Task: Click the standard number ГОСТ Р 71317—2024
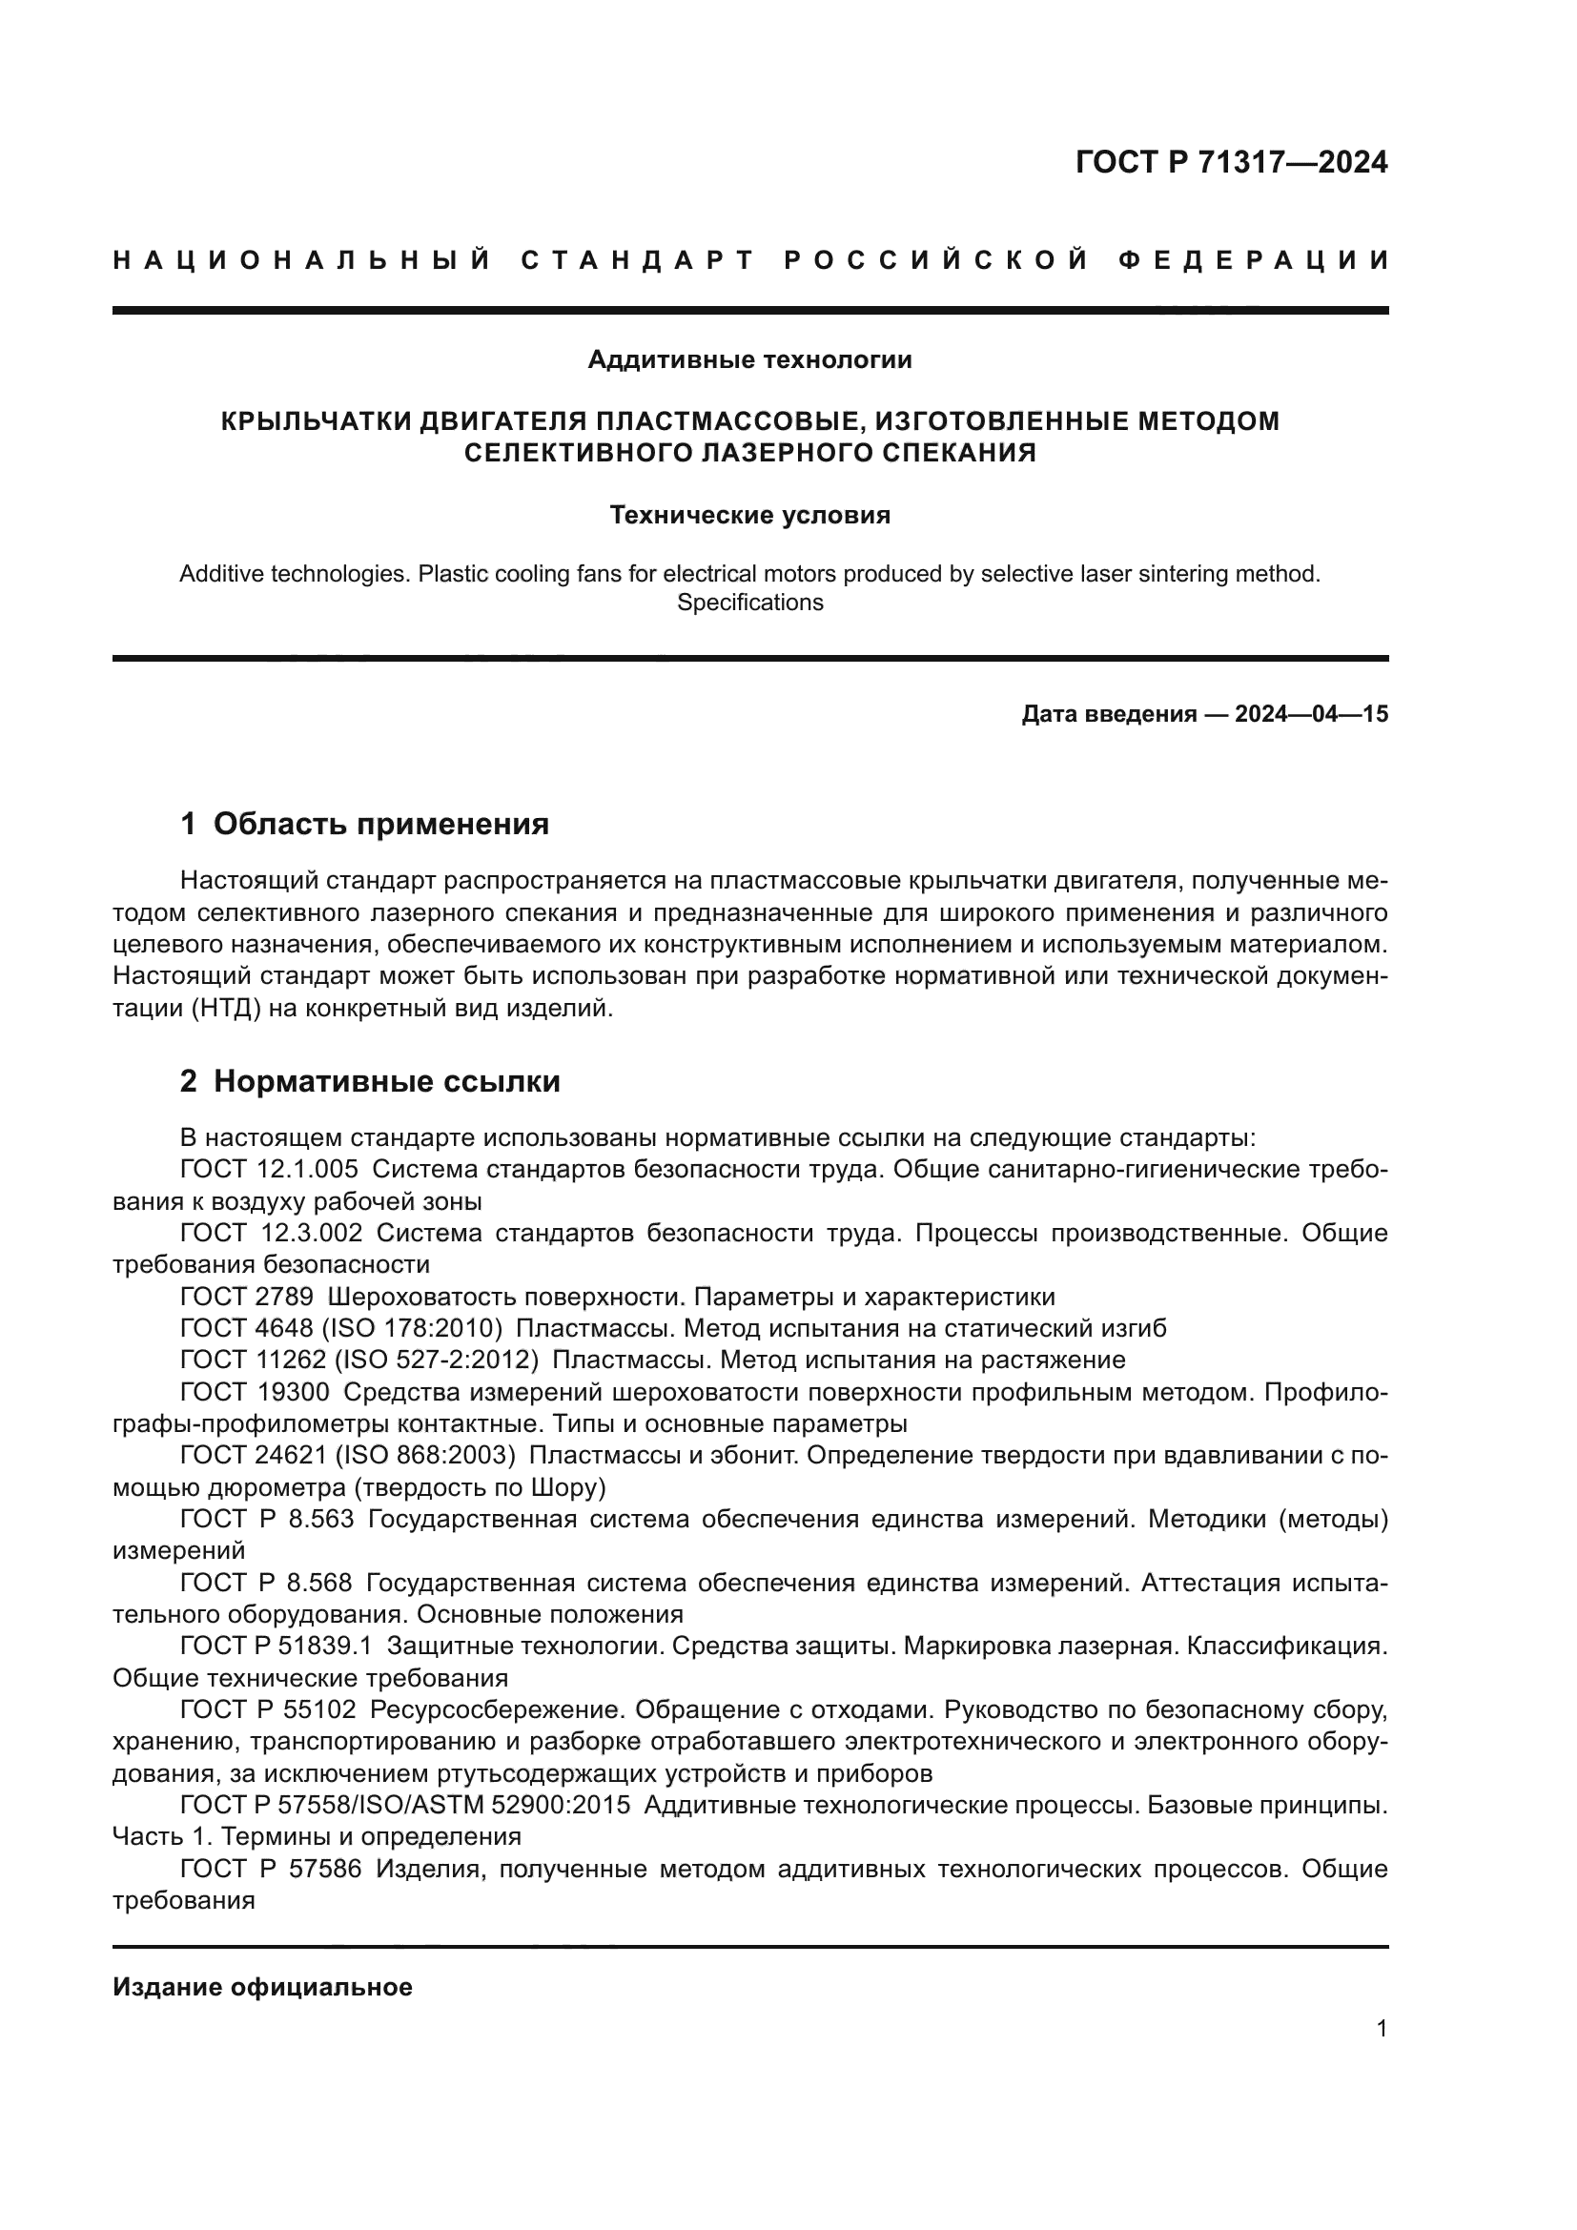point(1230,162)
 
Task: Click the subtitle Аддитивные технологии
point(749,360)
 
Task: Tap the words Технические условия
point(749,515)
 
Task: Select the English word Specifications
point(749,603)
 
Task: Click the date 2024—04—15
point(1311,715)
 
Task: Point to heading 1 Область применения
point(364,824)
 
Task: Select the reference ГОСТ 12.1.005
point(269,1169)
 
